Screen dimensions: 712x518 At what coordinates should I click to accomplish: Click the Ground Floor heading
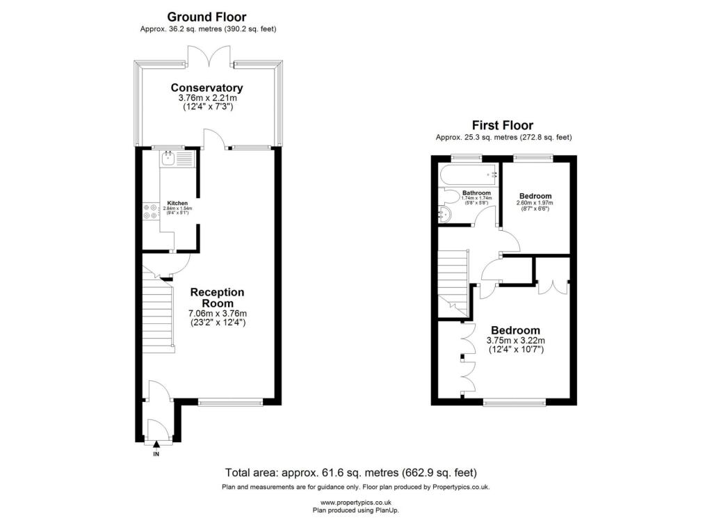(207, 17)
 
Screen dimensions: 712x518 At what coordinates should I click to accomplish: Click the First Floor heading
(503, 125)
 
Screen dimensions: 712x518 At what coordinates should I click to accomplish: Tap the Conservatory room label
(207, 88)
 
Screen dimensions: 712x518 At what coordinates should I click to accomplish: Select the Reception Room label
(217, 298)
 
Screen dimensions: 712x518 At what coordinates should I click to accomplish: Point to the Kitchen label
(177, 203)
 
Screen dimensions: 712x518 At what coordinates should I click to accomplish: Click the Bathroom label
(476, 193)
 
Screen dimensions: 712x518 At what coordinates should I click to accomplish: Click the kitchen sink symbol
(177, 158)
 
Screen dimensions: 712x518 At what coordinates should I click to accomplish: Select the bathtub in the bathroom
(469, 175)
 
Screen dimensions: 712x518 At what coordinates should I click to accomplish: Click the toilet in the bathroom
(450, 197)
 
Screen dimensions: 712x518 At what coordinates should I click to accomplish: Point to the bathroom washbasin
(444, 214)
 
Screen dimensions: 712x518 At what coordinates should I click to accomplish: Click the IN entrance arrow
(156, 444)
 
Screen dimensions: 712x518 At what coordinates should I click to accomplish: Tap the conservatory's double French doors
(209, 56)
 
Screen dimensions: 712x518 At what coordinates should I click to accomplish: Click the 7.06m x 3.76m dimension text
(218, 314)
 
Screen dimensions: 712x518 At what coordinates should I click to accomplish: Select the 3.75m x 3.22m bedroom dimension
(516, 341)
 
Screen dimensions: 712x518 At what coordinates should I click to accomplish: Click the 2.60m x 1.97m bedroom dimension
(535, 203)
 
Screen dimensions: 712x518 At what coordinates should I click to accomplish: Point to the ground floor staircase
(159, 314)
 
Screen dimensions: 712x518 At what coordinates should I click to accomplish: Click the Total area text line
(351, 473)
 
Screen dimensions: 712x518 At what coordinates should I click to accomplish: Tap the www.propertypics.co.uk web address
(356, 503)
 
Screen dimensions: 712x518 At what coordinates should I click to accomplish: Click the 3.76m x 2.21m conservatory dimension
(207, 97)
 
